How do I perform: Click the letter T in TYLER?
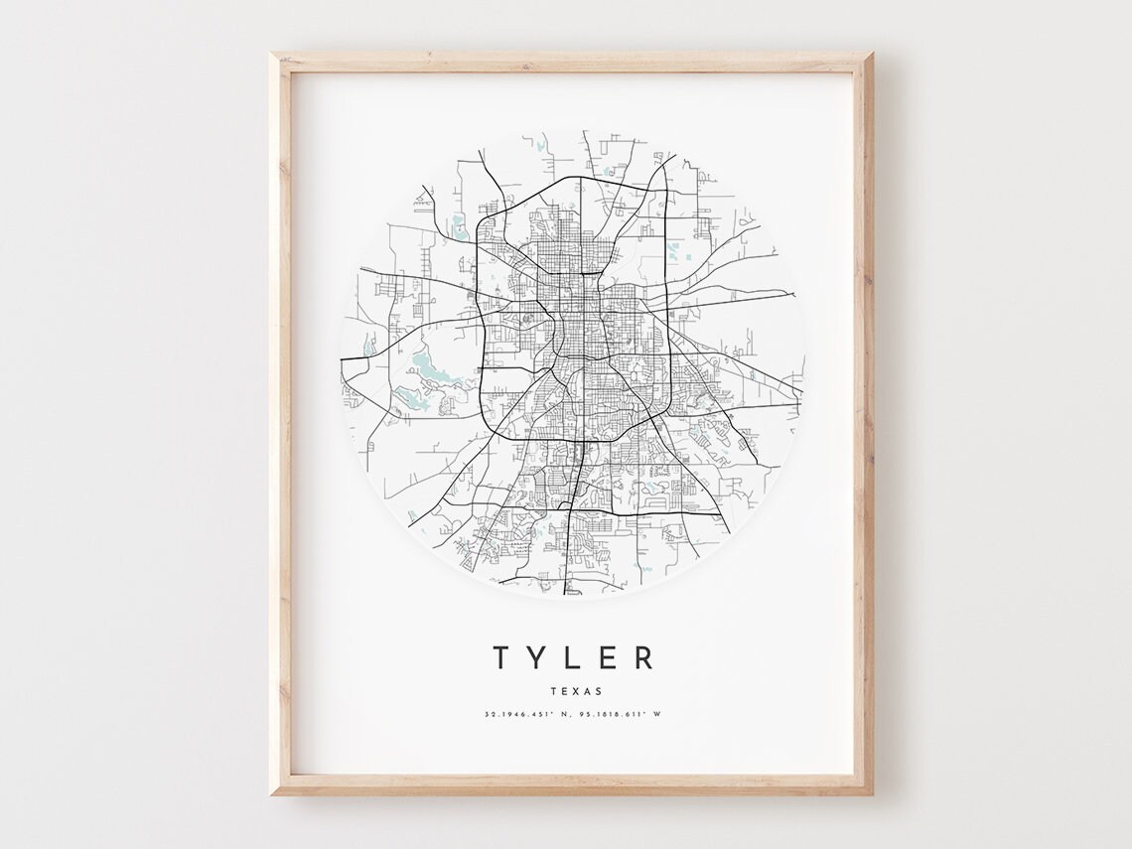pos(502,657)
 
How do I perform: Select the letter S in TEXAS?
pos(598,691)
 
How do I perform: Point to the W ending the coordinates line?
pos(657,714)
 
